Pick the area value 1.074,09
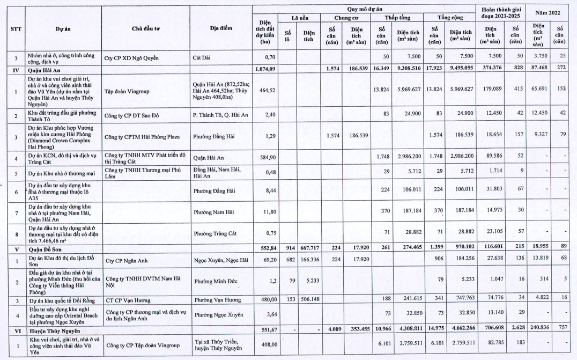tap(263, 69)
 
